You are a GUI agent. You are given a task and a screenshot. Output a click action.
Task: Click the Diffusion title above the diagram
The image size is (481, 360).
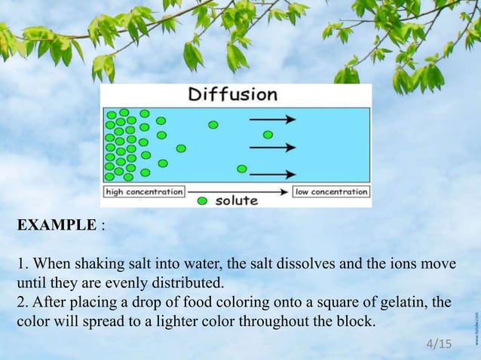coord(233,95)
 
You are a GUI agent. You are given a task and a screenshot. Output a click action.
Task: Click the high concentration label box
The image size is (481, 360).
coord(144,191)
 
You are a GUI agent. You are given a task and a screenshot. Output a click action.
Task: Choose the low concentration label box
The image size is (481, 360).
coord(331,191)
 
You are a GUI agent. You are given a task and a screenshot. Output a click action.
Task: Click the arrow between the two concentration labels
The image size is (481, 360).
coord(238,191)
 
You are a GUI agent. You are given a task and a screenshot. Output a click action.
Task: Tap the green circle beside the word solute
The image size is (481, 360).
coord(202,201)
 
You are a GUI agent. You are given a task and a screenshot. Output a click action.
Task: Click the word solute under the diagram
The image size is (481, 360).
coord(237,201)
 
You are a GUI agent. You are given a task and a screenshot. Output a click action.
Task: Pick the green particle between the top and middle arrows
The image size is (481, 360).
coord(268,135)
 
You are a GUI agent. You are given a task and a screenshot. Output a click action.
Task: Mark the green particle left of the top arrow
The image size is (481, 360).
coord(213,124)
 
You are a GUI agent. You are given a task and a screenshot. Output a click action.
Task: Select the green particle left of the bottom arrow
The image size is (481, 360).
coord(241,169)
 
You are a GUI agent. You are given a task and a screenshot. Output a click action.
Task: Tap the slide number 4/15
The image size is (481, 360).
coord(439,344)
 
